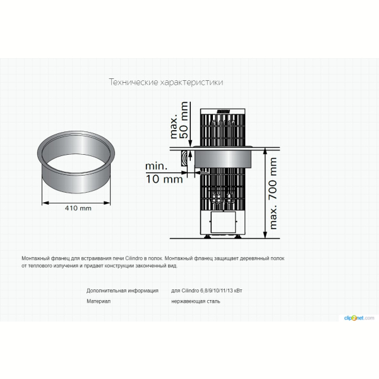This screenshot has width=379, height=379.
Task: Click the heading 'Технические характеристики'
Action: point(165,82)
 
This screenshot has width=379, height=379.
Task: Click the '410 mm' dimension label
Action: point(78,208)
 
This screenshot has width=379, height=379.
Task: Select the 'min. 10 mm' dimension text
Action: point(164,172)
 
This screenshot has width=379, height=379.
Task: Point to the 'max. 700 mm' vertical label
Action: point(273,193)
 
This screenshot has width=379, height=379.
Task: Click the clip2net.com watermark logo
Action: point(359,318)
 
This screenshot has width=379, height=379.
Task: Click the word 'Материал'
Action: point(99,301)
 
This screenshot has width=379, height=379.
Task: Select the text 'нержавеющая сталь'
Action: point(196,301)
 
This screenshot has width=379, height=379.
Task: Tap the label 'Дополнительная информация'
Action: point(123,291)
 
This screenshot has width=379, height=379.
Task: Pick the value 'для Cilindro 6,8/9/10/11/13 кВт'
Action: point(207,291)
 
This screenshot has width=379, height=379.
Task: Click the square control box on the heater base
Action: point(223,222)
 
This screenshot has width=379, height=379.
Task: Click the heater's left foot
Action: point(207,236)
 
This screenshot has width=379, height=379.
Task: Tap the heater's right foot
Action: point(238,236)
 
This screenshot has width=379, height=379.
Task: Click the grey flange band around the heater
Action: point(222,158)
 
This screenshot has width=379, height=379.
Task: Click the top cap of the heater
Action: point(223,111)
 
